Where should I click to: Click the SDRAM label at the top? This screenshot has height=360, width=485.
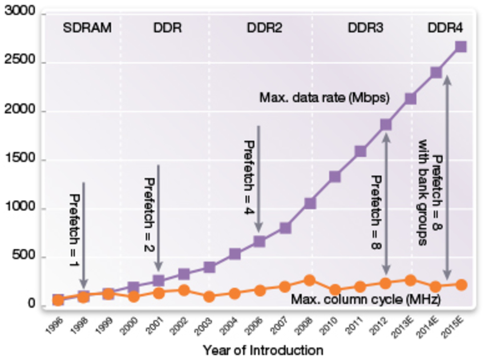(x=87, y=28)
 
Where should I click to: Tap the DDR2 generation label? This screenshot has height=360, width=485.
(x=264, y=28)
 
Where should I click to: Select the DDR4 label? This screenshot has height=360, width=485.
(x=445, y=28)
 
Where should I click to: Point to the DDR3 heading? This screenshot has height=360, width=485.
(x=366, y=28)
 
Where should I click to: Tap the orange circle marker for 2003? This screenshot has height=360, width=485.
(x=209, y=297)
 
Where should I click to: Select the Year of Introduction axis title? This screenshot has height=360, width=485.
(x=262, y=350)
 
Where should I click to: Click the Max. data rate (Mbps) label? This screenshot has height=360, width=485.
(x=325, y=98)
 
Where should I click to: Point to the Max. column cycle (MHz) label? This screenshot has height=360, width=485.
(x=366, y=299)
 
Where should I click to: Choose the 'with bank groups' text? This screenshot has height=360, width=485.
(x=423, y=191)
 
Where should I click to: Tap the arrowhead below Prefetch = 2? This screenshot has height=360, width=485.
(x=159, y=266)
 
